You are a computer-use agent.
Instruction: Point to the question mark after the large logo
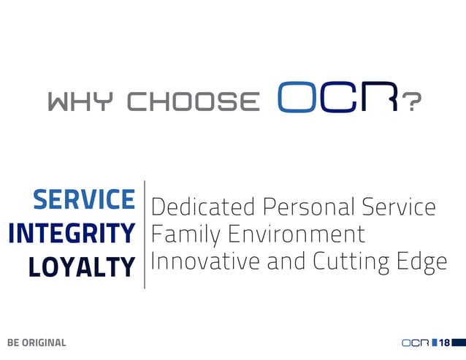pos(413,103)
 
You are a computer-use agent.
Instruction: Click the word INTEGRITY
pos(72,234)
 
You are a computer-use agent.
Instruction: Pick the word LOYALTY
pos(82,267)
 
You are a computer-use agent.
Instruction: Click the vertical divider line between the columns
pos(144,234)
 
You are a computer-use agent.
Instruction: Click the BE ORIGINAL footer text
pos(37,342)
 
